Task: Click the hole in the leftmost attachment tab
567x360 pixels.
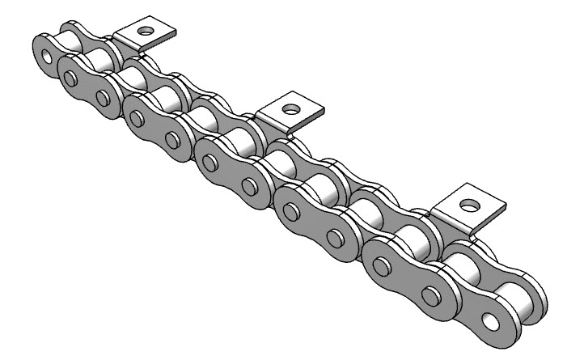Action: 146,32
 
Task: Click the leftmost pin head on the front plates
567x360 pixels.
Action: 71,78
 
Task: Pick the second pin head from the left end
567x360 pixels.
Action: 103,98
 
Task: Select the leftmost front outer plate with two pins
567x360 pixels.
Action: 87,87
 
